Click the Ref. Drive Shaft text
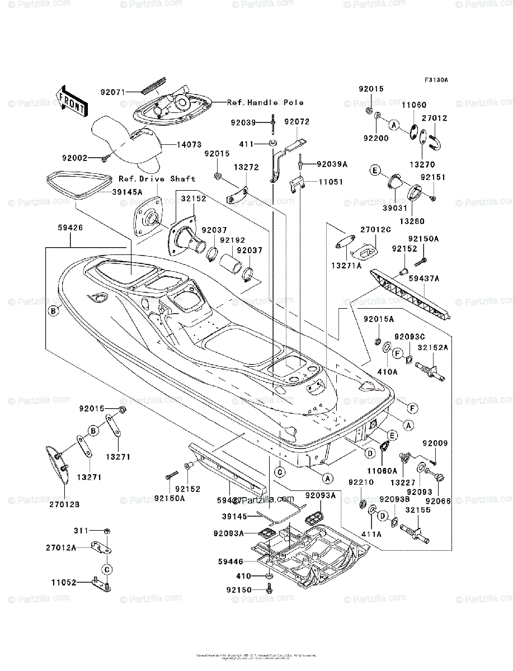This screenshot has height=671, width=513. (157, 178)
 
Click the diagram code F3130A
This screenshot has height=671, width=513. (436, 80)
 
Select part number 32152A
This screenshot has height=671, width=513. (432, 347)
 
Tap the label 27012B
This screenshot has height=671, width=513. (65, 504)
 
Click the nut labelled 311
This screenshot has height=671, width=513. (107, 530)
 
